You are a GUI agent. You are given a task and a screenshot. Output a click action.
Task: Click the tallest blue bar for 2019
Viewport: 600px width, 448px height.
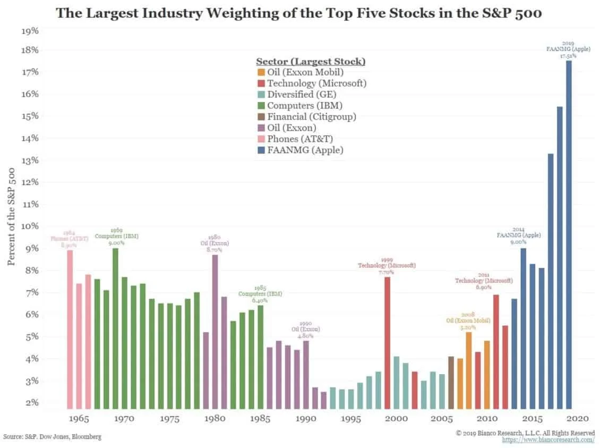click(x=569, y=234)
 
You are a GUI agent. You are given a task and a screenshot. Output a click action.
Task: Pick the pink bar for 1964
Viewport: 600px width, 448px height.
click(x=70, y=329)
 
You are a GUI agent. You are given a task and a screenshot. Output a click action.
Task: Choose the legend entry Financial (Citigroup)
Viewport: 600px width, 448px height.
click(x=311, y=116)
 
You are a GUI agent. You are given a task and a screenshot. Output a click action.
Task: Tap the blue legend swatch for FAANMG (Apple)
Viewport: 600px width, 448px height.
click(x=260, y=150)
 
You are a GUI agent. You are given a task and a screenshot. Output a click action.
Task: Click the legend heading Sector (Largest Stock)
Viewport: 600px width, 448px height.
click(x=311, y=61)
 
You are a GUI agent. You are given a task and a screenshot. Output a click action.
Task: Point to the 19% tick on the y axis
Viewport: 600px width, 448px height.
click(x=30, y=31)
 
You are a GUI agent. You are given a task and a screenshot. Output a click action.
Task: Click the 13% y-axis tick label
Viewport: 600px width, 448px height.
click(x=30, y=160)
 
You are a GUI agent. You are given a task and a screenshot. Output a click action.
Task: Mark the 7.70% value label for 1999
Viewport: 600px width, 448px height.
click(x=387, y=272)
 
